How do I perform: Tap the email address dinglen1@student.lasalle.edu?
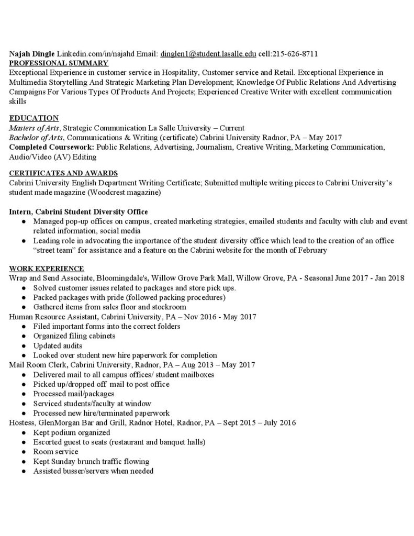(208, 54)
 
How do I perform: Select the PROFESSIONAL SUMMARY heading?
(59, 63)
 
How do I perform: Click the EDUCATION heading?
(34, 118)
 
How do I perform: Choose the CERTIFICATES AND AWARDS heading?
(63, 173)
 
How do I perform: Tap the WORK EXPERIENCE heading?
(47, 269)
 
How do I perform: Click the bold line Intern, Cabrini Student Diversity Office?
(79, 211)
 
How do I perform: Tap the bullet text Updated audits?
(58, 345)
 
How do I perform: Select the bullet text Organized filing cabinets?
(74, 336)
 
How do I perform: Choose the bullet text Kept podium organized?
(72, 432)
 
